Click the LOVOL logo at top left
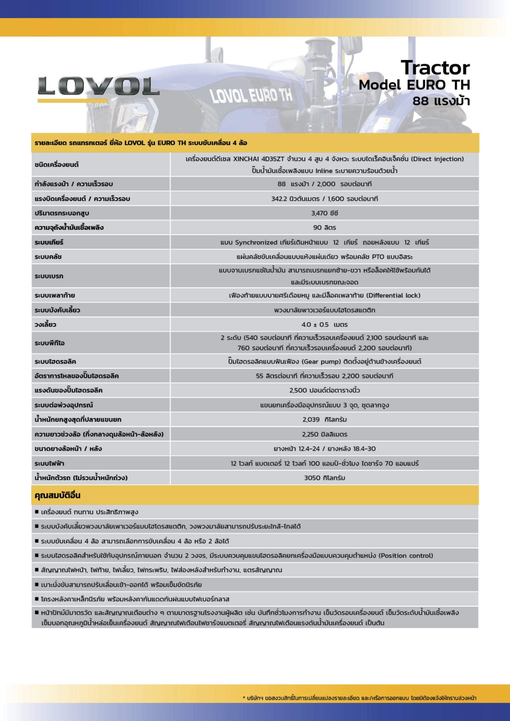[x=98, y=86]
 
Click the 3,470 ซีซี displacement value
[x=325, y=213]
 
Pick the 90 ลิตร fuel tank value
[x=325, y=228]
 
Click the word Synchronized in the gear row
[x=256, y=242]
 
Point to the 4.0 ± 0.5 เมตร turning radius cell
[x=325, y=325]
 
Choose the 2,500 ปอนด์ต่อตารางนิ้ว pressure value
[x=325, y=390]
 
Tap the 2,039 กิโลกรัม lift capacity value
[x=325, y=420]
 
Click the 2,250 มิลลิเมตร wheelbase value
[x=325, y=434]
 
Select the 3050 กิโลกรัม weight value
[x=325, y=478]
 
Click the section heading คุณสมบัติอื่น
[x=57, y=495]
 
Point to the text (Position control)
[x=406, y=555]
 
